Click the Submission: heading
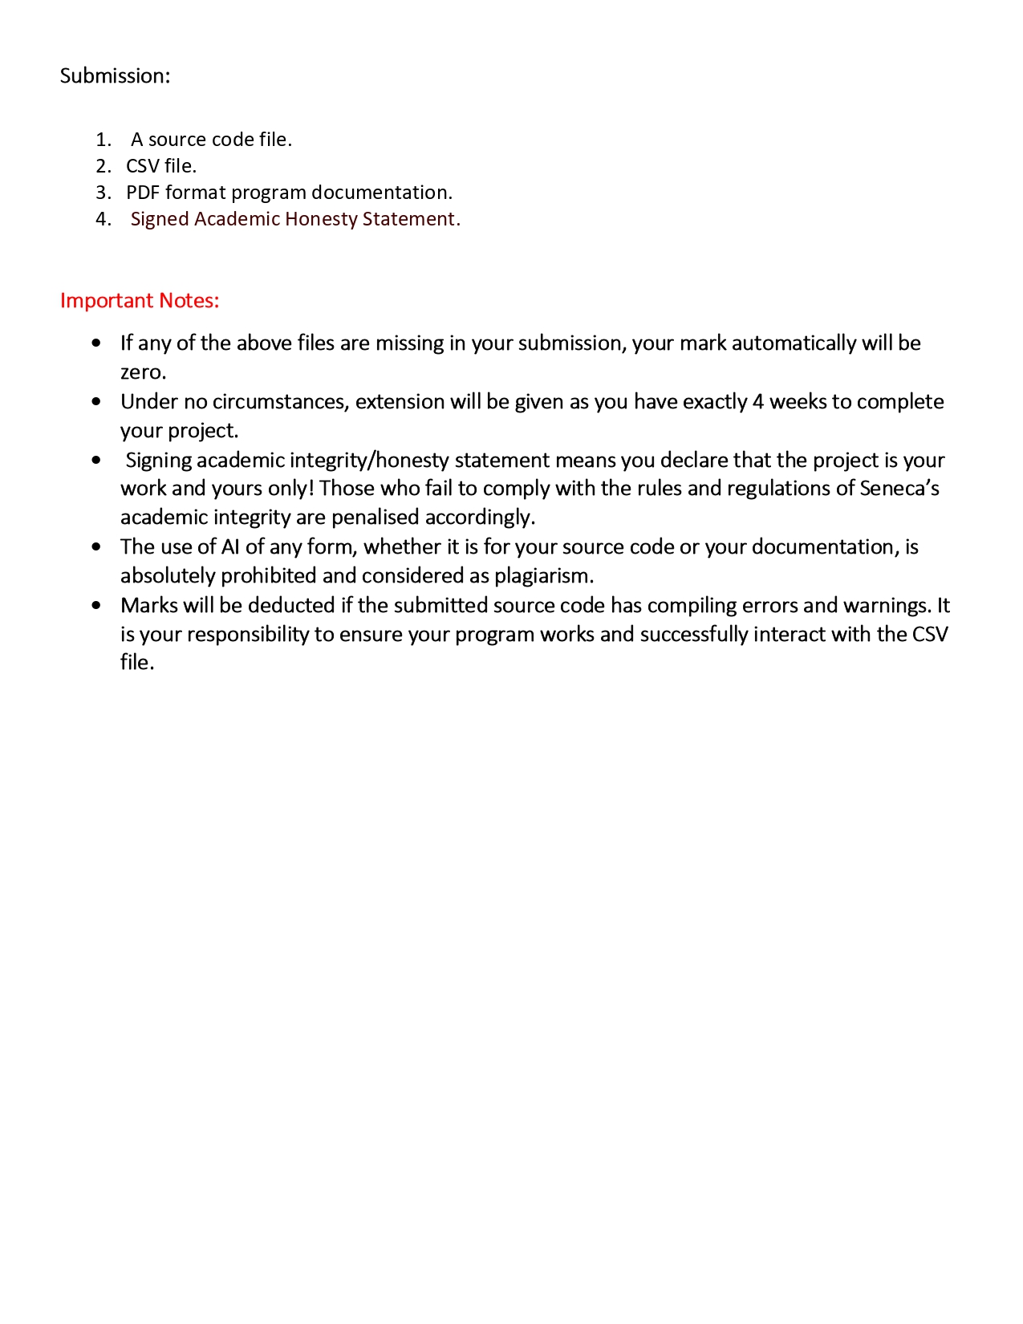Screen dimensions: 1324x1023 coord(115,75)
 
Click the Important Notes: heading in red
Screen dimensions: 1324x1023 coord(140,300)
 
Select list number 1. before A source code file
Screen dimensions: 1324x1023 coord(103,140)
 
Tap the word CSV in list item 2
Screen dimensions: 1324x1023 coord(142,166)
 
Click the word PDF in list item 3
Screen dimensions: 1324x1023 coord(143,193)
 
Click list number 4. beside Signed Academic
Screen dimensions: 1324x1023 coord(103,219)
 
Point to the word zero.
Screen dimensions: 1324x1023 coord(143,372)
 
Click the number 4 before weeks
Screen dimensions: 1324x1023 coord(757,401)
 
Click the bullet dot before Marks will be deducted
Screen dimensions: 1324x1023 coord(96,606)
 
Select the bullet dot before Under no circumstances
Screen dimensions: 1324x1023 coord(96,401)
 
